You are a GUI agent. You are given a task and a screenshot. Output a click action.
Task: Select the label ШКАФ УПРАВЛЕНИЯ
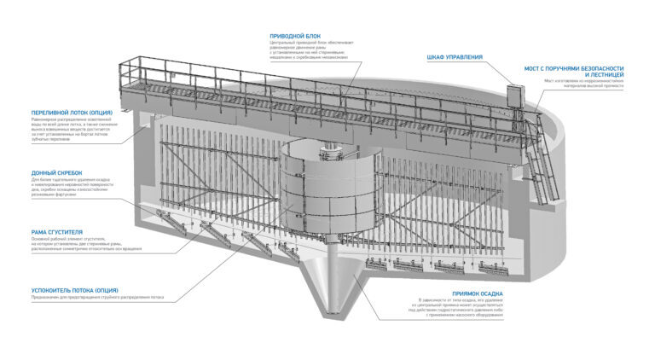click(455, 57)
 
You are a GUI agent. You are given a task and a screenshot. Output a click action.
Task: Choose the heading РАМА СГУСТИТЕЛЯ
click(55, 232)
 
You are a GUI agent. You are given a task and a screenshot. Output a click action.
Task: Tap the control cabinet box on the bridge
click(515, 96)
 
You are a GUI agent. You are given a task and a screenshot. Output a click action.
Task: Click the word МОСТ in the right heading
click(533, 67)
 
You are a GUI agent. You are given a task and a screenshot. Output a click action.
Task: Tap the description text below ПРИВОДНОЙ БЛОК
click(307, 49)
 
